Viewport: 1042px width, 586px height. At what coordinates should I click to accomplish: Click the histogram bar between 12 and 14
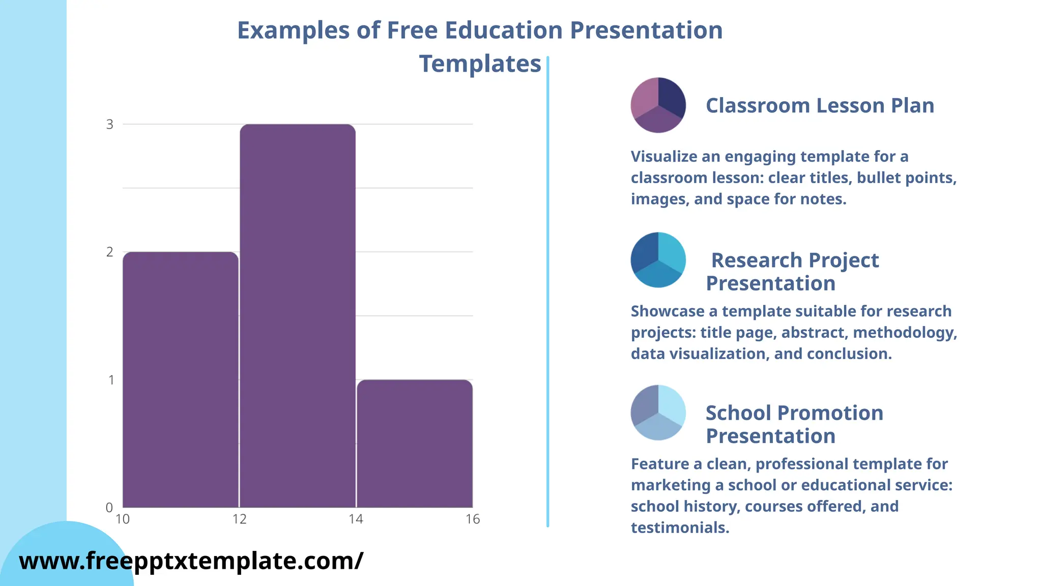click(x=298, y=315)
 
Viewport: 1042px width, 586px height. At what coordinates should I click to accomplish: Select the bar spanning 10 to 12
click(x=181, y=379)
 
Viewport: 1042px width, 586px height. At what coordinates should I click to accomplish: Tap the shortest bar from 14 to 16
click(x=415, y=443)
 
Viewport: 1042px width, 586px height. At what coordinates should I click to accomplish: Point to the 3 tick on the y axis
click(x=110, y=124)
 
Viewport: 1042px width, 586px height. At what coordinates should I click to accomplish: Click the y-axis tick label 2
click(x=110, y=252)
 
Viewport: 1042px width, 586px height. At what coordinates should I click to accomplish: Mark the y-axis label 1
click(x=111, y=380)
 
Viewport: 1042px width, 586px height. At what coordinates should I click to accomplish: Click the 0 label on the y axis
click(x=109, y=507)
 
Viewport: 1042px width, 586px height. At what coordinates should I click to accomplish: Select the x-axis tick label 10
click(x=123, y=519)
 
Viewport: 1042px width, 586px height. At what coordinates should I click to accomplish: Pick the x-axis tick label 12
click(x=239, y=519)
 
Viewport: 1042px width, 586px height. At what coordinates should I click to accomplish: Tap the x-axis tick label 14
click(x=356, y=519)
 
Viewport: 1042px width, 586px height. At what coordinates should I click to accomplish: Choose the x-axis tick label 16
click(x=473, y=519)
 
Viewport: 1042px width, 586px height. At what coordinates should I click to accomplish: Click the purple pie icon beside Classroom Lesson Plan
click(x=658, y=105)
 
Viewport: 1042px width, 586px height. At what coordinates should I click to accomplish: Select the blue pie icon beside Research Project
click(x=658, y=260)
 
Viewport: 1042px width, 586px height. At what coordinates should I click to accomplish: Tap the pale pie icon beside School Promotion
click(x=658, y=413)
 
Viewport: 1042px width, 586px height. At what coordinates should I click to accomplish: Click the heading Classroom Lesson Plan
click(x=820, y=106)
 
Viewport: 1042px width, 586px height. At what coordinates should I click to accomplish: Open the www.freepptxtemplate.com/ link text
click(x=191, y=561)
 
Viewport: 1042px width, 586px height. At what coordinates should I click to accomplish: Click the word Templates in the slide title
click(x=480, y=64)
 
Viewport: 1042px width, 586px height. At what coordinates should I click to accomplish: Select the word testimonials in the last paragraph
click(x=680, y=528)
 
